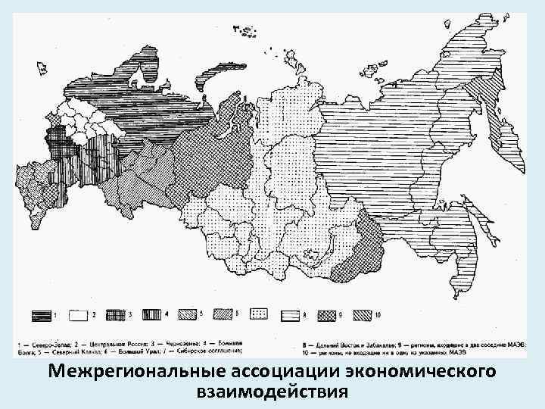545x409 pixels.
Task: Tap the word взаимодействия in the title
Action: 272,392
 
